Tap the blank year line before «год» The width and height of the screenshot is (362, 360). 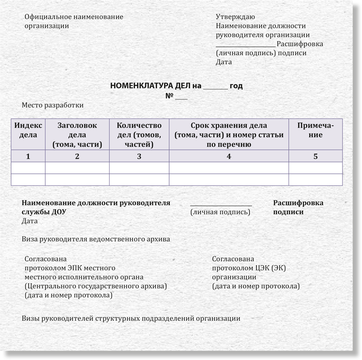(215, 88)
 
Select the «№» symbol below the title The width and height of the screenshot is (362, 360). (169, 96)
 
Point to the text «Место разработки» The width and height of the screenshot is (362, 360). (52, 105)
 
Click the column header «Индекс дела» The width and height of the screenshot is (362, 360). (28, 130)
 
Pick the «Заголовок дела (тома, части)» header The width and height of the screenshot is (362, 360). (77, 135)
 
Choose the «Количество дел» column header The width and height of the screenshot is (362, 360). (139, 135)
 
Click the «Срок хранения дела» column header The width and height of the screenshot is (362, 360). (229, 135)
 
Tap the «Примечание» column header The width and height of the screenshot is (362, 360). (315, 130)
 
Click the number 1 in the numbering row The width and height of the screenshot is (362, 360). (28, 156)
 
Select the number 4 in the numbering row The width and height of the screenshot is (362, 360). (229, 156)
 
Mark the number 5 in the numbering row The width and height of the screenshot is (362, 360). (315, 156)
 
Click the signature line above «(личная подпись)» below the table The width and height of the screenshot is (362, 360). (221, 205)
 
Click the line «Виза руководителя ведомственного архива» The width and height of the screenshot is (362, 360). (96, 239)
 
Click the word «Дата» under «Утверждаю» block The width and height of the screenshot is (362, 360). (223, 62)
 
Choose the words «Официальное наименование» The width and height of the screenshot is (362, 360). (74, 17)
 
